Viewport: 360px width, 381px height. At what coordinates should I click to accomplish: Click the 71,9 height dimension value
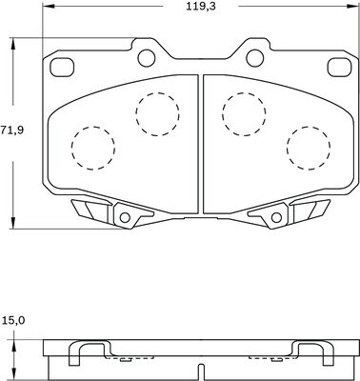(x=11, y=130)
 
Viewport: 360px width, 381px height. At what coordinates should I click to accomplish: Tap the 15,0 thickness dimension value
(x=13, y=321)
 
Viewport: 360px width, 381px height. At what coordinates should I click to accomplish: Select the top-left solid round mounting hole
(x=147, y=58)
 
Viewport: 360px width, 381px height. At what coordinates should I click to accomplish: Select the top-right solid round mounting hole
(x=255, y=58)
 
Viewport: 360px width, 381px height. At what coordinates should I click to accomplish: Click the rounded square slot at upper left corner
(x=62, y=68)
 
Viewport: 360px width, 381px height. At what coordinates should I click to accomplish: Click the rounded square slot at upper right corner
(x=340, y=68)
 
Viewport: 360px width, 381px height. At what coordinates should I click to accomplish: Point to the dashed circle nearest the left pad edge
(x=93, y=148)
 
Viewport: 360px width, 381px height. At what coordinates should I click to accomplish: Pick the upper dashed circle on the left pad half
(x=157, y=114)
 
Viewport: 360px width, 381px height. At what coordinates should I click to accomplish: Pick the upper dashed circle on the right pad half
(x=244, y=114)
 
